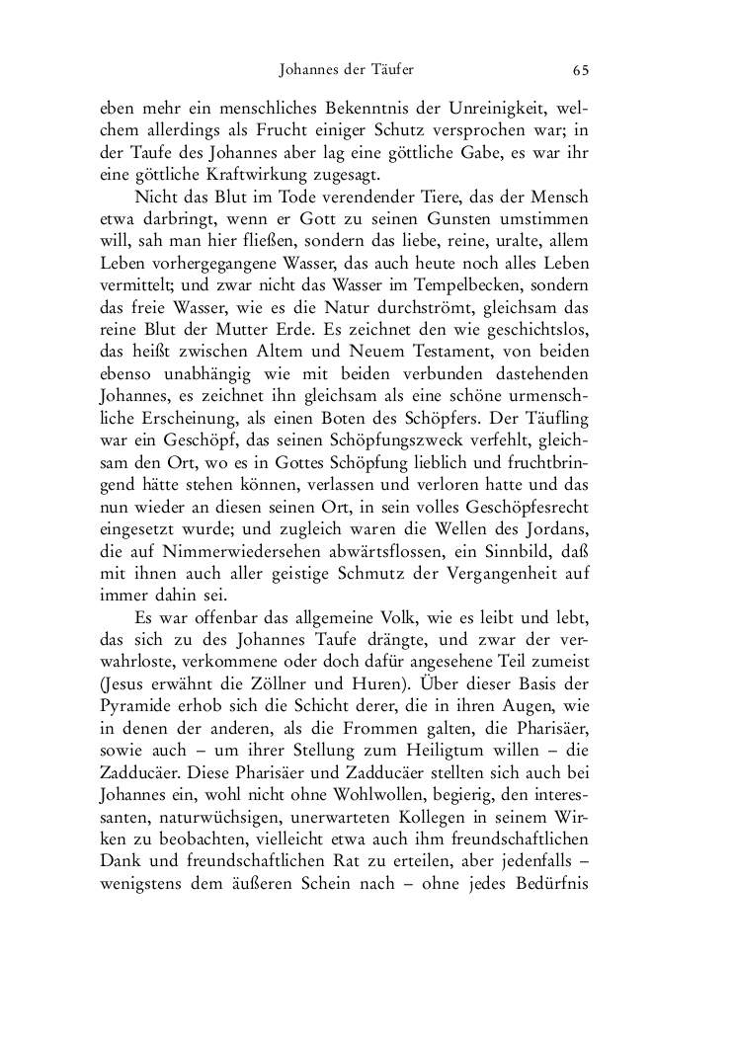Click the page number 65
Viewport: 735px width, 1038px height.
pyautogui.click(x=581, y=70)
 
